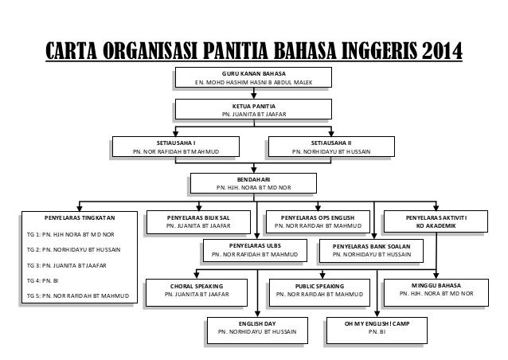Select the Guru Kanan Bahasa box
[x=254, y=79]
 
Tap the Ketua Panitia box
[x=254, y=110]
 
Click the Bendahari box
[x=254, y=184]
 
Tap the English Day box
[x=257, y=327]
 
